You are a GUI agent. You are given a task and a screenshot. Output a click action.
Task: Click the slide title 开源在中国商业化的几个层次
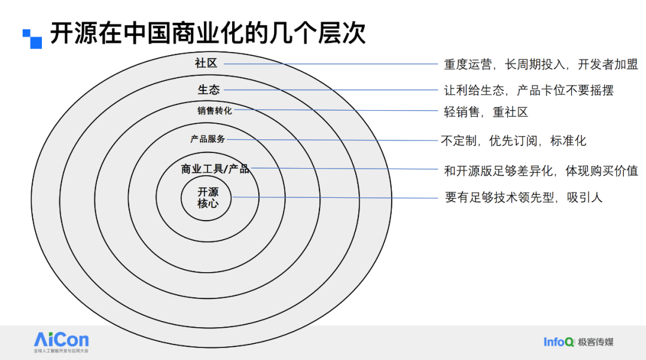[x=208, y=33]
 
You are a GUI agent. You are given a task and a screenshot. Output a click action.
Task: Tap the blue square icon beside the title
[x=32, y=39]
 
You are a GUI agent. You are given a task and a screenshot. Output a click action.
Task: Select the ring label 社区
[x=206, y=63]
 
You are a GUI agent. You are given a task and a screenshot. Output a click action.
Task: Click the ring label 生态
[x=209, y=89]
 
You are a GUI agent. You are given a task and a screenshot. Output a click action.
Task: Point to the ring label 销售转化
[x=215, y=111]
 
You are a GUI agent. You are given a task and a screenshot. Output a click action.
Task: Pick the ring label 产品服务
[x=208, y=139]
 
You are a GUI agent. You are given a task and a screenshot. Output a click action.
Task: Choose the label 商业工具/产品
[x=215, y=169]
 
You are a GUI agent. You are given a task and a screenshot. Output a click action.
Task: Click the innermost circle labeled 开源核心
[x=206, y=198]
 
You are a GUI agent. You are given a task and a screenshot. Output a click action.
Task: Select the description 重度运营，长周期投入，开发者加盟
[x=541, y=64]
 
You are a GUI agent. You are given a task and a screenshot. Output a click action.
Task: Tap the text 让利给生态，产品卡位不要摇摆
[x=529, y=90]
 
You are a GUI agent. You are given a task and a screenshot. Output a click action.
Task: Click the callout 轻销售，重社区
[x=486, y=112]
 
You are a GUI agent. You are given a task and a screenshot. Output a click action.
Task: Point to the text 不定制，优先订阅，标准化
[x=513, y=141]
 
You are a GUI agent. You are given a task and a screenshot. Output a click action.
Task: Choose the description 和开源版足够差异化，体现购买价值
[x=541, y=170]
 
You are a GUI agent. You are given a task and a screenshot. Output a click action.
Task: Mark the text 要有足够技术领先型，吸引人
[x=523, y=197]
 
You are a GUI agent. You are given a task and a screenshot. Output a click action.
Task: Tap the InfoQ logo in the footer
[x=559, y=342]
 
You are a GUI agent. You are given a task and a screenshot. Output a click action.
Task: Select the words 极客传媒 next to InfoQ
[x=595, y=342]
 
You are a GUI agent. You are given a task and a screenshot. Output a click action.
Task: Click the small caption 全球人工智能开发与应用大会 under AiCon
[x=61, y=351]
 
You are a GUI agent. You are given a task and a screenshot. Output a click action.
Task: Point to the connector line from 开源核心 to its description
[x=335, y=198]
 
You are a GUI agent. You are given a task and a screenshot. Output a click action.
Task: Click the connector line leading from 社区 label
[x=331, y=64]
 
